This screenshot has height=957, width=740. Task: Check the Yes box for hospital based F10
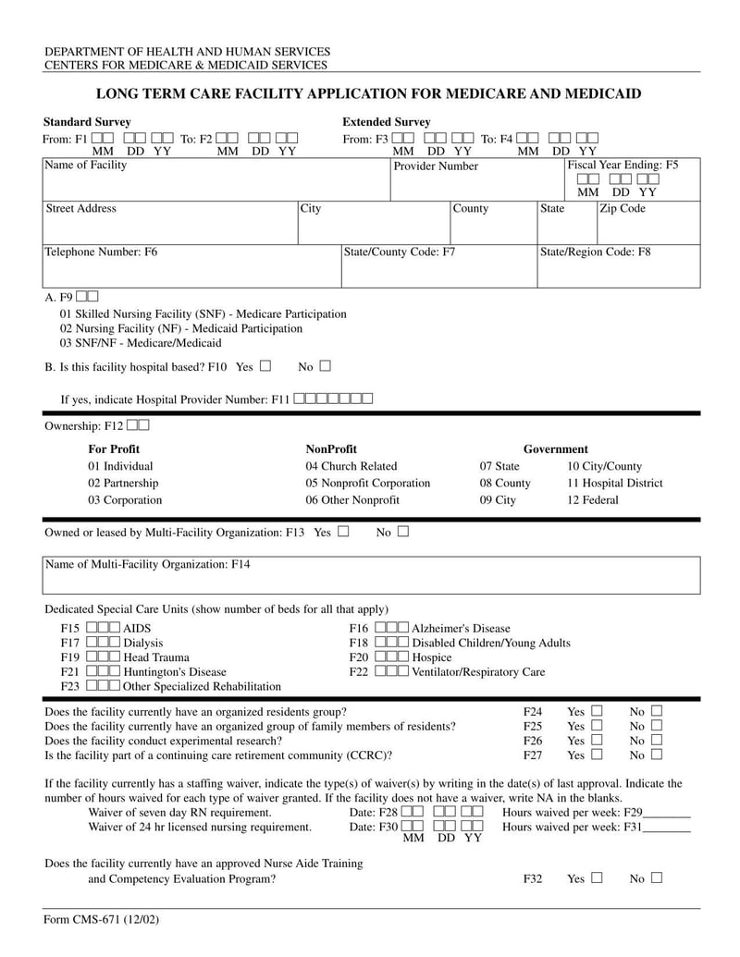coord(265,366)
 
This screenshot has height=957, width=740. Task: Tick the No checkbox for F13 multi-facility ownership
coord(403,532)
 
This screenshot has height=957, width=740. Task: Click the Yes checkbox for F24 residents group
coord(597,711)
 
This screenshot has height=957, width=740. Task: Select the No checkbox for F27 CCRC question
coord(657,755)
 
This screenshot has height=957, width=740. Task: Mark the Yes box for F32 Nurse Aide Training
coord(597,877)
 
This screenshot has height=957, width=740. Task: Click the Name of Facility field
coord(215,180)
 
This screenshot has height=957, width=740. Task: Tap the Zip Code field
coord(647,223)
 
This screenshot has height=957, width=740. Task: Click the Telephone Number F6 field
coord(190,266)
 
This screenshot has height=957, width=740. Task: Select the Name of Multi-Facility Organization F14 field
coord(370,581)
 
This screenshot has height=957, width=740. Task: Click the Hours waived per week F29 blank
coord(666,813)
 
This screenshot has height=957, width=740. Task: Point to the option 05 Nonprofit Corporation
coord(368,484)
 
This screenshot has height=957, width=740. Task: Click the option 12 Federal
coord(593,500)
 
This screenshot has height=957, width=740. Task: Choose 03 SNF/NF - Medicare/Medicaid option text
coord(141,343)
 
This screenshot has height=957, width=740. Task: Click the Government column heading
coord(555,449)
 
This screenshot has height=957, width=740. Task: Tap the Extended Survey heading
coord(386,122)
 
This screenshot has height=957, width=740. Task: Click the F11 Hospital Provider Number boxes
coord(333,399)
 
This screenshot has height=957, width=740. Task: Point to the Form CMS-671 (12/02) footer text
coord(93,921)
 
